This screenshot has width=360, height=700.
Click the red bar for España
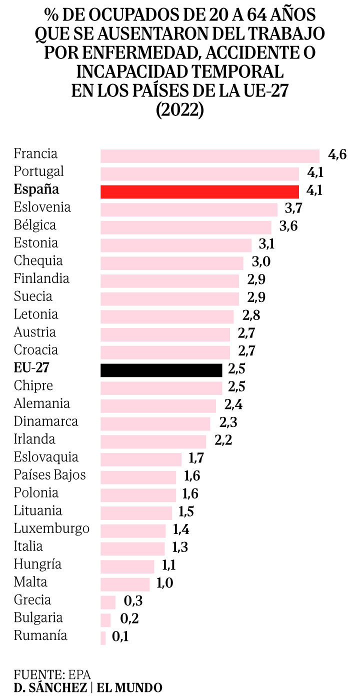tap(199, 192)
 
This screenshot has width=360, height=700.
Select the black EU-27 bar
tap(161, 370)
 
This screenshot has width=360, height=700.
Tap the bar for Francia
tap(210, 156)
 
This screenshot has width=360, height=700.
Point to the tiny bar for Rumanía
tap(103, 638)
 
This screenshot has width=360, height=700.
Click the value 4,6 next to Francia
tap(337, 154)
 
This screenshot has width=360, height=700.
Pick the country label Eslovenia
tap(42, 207)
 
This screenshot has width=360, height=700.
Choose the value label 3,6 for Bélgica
tap(288, 226)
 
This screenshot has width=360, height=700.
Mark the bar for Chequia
tap(172, 263)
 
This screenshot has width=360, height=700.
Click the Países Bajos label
tap(50, 474)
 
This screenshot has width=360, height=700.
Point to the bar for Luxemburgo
tap(133, 531)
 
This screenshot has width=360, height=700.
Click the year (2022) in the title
tap(180, 110)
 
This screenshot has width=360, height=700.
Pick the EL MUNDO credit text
tap(129, 688)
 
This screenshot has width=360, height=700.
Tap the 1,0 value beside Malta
tap(164, 583)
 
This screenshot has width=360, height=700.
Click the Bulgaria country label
tap(38, 618)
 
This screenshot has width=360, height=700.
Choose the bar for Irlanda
tap(153, 441)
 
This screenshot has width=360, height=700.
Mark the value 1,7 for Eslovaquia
tap(196, 457)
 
